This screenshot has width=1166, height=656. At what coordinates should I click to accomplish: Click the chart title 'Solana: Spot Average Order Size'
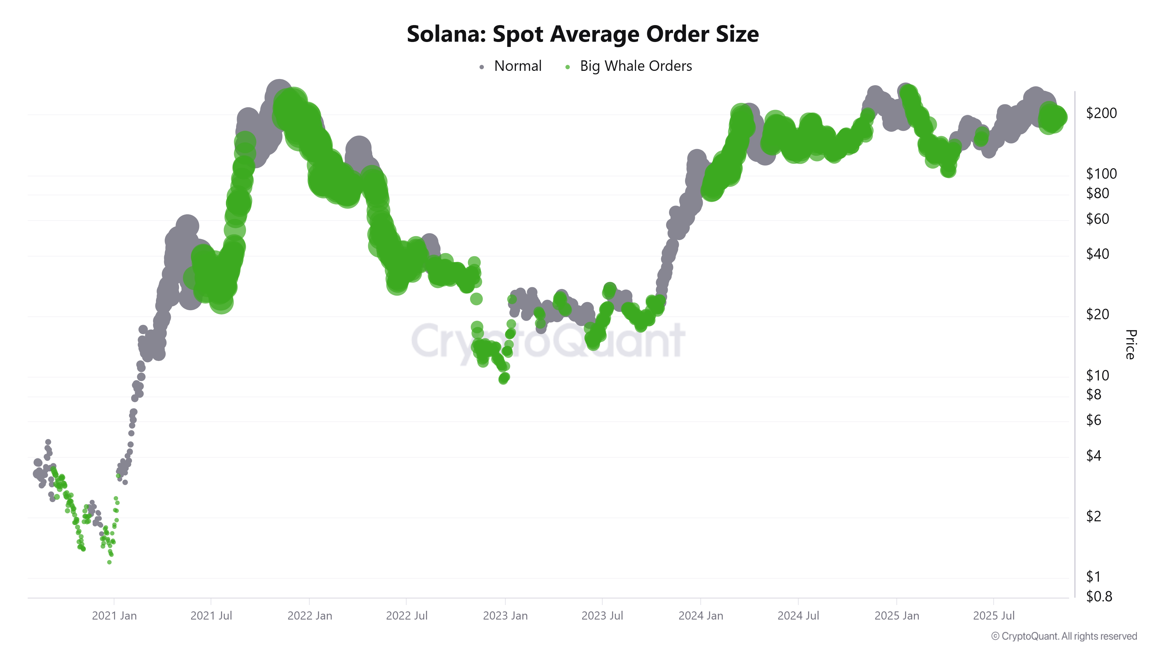pyautogui.click(x=582, y=34)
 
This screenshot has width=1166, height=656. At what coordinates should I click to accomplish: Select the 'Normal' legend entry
pyautogui.click(x=517, y=66)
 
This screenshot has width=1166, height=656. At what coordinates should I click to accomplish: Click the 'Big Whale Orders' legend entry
pyautogui.click(x=635, y=66)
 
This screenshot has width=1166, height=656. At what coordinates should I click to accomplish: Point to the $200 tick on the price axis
pyautogui.click(x=1101, y=113)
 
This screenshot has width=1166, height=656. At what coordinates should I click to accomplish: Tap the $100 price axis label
pyautogui.click(x=1101, y=173)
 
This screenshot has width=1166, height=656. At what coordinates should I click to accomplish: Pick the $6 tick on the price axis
pyautogui.click(x=1094, y=420)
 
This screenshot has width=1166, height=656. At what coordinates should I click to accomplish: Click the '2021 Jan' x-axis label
pyautogui.click(x=114, y=616)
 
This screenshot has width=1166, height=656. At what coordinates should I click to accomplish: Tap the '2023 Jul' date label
pyautogui.click(x=602, y=616)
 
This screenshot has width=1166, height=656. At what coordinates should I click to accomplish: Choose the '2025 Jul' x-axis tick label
pyautogui.click(x=993, y=616)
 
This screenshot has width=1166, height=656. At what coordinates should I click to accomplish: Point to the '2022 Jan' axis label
pyautogui.click(x=310, y=616)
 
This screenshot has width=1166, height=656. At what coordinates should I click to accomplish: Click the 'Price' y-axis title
pyautogui.click(x=1130, y=345)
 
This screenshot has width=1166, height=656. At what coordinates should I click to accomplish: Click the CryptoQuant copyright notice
pyautogui.click(x=1064, y=636)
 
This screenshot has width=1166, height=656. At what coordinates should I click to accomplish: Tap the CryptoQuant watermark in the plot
pyautogui.click(x=548, y=341)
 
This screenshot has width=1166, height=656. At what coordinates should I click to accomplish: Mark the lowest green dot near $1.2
pyautogui.click(x=109, y=562)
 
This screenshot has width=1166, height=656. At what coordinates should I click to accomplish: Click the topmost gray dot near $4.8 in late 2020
pyautogui.click(x=48, y=442)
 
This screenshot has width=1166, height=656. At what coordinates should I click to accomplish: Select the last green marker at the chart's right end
pyautogui.click(x=1060, y=117)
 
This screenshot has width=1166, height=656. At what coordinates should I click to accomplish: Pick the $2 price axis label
pyautogui.click(x=1094, y=516)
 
